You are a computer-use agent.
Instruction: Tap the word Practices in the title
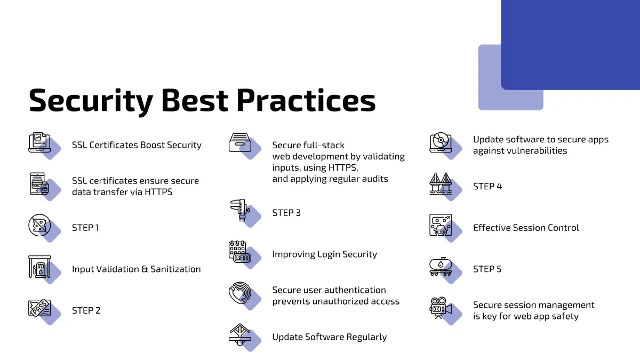coord(306,100)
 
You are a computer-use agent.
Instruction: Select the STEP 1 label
coord(85,228)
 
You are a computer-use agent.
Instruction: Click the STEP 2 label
coord(86,310)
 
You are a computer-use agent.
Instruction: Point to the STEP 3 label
coord(286,213)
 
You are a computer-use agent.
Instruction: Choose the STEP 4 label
coord(487,186)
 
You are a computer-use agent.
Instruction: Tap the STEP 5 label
coord(487,269)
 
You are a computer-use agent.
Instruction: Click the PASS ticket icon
coord(39,308)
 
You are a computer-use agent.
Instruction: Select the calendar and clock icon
coord(240,252)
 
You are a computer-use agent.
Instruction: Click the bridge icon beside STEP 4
coord(441,184)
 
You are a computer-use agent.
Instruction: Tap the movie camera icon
coord(441,308)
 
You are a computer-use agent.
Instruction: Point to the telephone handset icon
coord(240,293)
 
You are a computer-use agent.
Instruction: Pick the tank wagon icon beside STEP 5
coord(441,267)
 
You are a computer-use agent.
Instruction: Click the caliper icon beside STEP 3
coord(240,210)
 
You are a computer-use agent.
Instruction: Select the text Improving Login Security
coord(325,254)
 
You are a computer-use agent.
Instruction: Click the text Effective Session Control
coord(526,228)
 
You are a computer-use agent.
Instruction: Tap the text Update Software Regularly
coord(330,337)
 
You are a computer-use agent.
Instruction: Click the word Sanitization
coord(175,269)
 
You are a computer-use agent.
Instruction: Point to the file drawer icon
coord(240,142)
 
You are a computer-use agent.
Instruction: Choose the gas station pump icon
coord(39,267)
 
